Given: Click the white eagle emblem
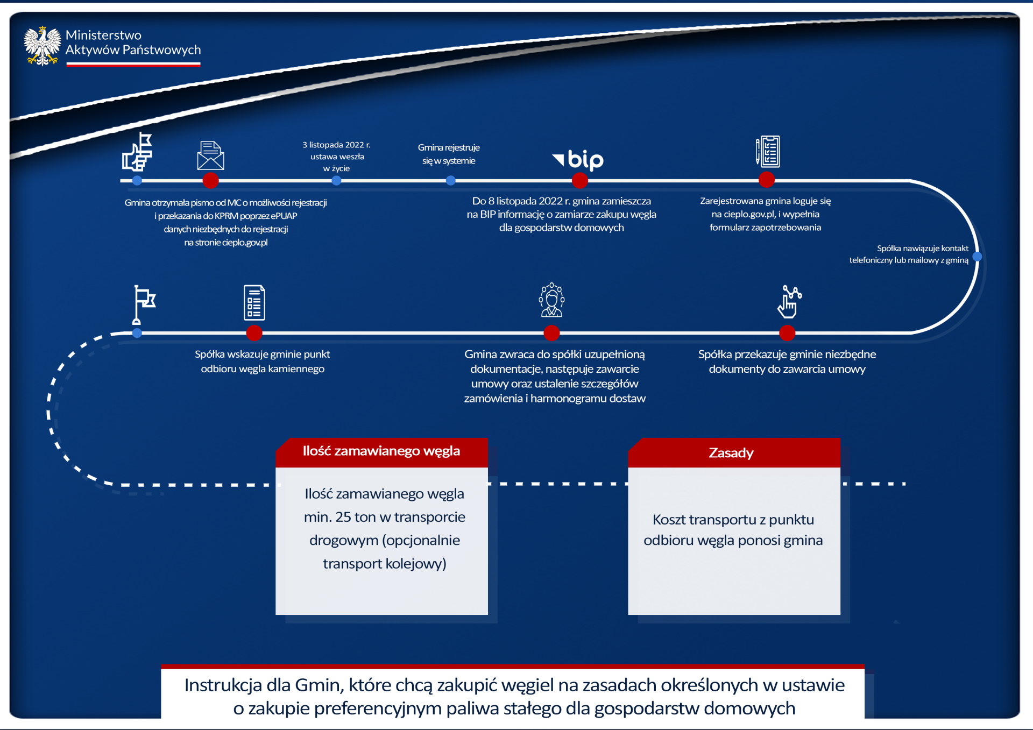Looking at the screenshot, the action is click(x=42, y=46).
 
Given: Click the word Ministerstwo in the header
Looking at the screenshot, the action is click(x=103, y=35).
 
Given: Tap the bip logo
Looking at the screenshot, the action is click(x=578, y=160).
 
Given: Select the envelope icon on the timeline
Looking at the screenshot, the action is click(x=211, y=155).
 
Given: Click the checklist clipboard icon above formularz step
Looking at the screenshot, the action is click(x=768, y=152).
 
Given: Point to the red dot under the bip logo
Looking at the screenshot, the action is click(x=579, y=181).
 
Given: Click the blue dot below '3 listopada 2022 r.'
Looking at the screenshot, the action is click(x=336, y=181).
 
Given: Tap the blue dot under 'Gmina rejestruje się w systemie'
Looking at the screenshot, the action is click(x=451, y=181).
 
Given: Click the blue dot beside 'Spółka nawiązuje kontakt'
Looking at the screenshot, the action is click(x=977, y=257).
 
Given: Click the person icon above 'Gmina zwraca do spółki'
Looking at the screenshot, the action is click(x=551, y=300).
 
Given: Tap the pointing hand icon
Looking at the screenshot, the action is click(x=789, y=302).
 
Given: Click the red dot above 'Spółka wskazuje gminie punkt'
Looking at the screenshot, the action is click(x=254, y=333).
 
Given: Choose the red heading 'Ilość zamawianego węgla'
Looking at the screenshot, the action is click(x=381, y=451).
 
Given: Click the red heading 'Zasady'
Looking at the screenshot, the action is click(x=731, y=453).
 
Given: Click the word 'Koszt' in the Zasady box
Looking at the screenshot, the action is click(x=669, y=520).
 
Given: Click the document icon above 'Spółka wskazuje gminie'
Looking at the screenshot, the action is click(x=254, y=302).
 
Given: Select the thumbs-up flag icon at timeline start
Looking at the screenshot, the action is click(x=138, y=152).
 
